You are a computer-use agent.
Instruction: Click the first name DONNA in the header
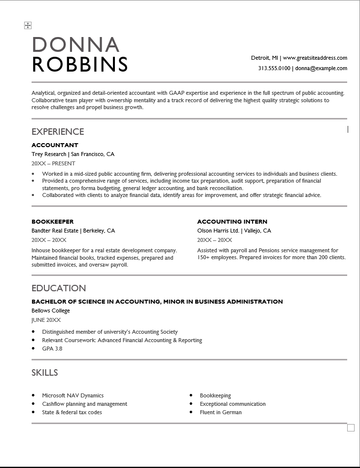(75, 44)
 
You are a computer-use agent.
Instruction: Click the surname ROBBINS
(80, 64)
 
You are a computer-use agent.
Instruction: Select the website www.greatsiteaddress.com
(315, 58)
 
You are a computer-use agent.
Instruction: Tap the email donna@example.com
(321, 69)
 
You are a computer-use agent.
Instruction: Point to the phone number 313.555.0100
(274, 69)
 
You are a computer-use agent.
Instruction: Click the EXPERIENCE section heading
(58, 132)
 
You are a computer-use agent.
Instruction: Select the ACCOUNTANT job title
(55, 145)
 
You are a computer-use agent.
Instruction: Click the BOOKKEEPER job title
(52, 222)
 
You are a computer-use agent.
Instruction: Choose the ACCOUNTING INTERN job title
(232, 222)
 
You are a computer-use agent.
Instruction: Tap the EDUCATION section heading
(59, 288)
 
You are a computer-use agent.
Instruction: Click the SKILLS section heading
(45, 373)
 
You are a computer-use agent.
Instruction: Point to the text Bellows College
(51, 311)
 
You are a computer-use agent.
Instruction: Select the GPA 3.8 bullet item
(52, 349)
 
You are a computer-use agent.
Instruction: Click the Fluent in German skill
(220, 412)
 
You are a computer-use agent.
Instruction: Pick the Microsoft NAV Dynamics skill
(73, 395)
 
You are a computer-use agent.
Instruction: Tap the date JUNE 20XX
(46, 320)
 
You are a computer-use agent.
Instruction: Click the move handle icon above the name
(28, 25)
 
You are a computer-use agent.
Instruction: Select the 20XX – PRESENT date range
(53, 163)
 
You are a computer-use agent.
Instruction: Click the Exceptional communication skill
(232, 404)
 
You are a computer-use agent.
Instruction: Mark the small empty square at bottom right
(351, 428)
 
